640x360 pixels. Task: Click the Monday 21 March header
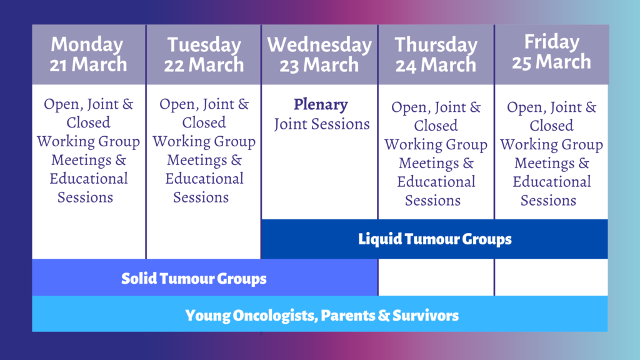click(88, 54)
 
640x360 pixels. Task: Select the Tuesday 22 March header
click(204, 55)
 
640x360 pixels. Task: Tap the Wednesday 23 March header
click(319, 55)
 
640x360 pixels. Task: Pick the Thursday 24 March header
click(436, 55)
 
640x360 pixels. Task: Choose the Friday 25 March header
click(551, 52)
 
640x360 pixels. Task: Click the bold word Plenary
click(321, 104)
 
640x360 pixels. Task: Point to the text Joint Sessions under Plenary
click(322, 124)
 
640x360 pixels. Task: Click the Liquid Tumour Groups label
click(435, 239)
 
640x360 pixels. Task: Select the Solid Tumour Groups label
click(194, 278)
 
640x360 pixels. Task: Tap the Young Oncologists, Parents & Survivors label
click(322, 315)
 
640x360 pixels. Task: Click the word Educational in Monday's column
click(89, 178)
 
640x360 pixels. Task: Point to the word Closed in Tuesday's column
click(204, 122)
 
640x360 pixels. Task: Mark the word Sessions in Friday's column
click(548, 201)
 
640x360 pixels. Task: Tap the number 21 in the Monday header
click(59, 65)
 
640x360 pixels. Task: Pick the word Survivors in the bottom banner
click(426, 315)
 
